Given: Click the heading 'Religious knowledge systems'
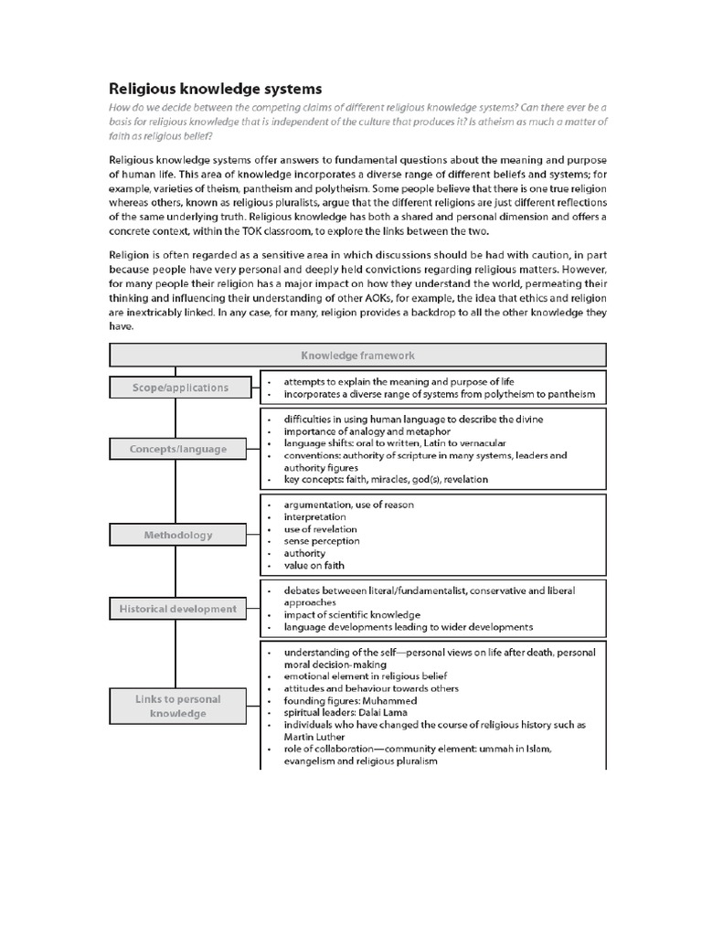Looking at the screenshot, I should pos(216,89).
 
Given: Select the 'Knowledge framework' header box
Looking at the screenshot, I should pos(357,355).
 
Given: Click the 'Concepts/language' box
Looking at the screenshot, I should pos(178,449).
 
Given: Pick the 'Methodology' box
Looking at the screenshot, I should pos(178,535).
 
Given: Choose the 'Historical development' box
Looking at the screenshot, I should pos(178,609).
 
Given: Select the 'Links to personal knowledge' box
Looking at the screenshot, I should pos(178,707).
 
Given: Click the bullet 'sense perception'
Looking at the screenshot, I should pos(322,541).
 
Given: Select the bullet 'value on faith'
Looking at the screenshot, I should pos(314,566).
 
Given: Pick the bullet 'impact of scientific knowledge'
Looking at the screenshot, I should pos(352,615).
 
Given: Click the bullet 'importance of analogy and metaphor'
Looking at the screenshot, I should pos(367,431).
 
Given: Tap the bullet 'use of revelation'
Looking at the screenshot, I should pos(320,529).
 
